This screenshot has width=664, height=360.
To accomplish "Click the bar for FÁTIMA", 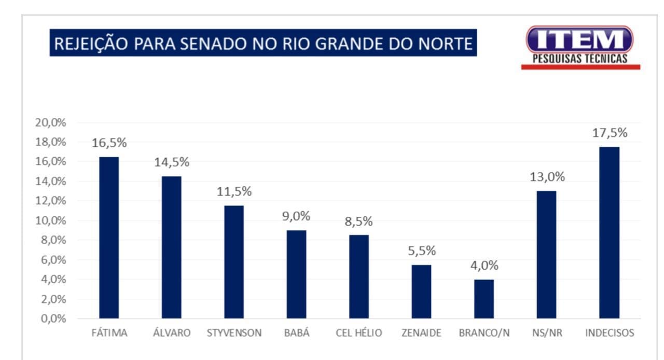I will pos(109,238).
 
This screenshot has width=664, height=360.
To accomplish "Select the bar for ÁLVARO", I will pos(171,247).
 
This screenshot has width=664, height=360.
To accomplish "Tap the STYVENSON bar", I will pos(234,262).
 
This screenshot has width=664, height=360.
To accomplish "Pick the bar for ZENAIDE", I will pos(421,292).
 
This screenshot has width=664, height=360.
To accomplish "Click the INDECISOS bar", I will pos(609,232).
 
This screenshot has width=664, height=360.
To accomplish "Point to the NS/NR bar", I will pos(546,255).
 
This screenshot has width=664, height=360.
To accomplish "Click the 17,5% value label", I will pos(610,133).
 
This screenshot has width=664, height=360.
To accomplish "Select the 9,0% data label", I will pos(296,216).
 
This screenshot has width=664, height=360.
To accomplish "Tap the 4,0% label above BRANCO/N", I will pos(484,266).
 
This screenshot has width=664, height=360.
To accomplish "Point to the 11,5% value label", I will pos(234,191).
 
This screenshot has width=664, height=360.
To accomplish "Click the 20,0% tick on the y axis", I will pos(50,122).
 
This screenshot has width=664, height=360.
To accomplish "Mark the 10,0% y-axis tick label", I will pos(50,220).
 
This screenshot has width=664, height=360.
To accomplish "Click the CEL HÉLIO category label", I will pos(358,333).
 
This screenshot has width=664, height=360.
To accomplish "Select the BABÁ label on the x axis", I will pos(297,333).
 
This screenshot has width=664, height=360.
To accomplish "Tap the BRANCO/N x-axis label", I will pos(484,333).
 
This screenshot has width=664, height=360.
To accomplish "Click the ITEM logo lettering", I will pos(580,39).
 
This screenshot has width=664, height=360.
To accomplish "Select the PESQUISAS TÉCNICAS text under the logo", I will pos(580,59).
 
